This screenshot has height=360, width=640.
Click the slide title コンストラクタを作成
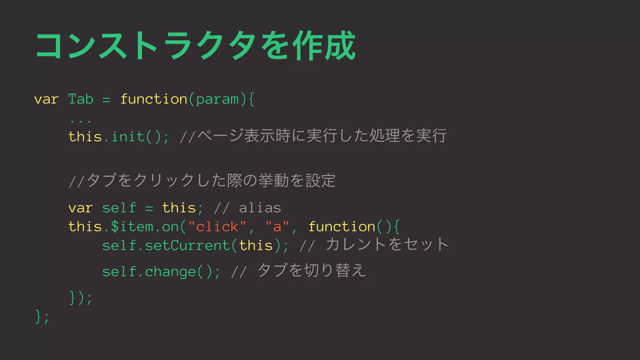click(196, 46)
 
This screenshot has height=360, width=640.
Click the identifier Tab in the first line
click(81, 99)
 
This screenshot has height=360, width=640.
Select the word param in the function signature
click(217, 99)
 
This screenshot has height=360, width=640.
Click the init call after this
click(128, 137)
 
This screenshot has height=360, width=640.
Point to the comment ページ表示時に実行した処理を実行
click(322, 136)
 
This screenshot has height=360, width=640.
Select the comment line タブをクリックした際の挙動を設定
click(202, 180)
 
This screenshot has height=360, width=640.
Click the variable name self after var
click(119, 208)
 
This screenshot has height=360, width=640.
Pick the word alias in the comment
click(260, 208)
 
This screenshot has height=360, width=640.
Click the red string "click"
click(217, 227)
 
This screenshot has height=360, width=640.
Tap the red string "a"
click(277, 227)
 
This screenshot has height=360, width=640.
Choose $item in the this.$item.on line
click(132, 227)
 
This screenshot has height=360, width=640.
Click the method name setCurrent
click(187, 245)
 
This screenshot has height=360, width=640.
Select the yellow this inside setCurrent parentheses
click(256, 245)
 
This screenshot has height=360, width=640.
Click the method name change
click(170, 272)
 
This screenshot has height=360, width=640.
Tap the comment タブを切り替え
click(312, 270)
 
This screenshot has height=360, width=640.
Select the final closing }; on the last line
click(42, 317)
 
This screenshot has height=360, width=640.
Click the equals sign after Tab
click(107, 100)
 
